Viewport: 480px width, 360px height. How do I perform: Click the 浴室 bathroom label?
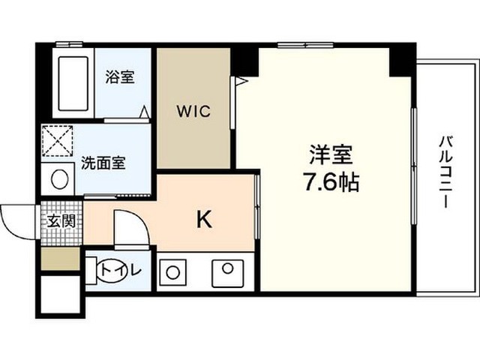[120, 76]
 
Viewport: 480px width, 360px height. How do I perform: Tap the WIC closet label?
[193, 111]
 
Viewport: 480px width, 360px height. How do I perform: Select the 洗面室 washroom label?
[103, 163]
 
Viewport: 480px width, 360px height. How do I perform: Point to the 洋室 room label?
[331, 154]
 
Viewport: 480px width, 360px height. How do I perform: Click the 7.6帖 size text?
[331, 182]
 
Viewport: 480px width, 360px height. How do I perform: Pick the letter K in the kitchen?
[204, 220]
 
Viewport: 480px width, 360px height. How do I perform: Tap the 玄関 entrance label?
[61, 221]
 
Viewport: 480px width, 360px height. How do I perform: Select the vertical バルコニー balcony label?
[446, 172]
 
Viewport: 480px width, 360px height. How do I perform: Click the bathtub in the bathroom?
[73, 83]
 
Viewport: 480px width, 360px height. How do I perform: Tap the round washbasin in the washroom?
[60, 179]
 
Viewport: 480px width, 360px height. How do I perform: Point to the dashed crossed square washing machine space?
[58, 141]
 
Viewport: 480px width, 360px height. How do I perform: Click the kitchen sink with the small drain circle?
[228, 273]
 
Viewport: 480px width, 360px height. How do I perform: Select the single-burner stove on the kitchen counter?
[172, 272]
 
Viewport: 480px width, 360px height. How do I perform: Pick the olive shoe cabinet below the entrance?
[61, 259]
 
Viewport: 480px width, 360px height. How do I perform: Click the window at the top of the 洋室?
[305, 45]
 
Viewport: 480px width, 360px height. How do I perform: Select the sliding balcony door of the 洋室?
[414, 166]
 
